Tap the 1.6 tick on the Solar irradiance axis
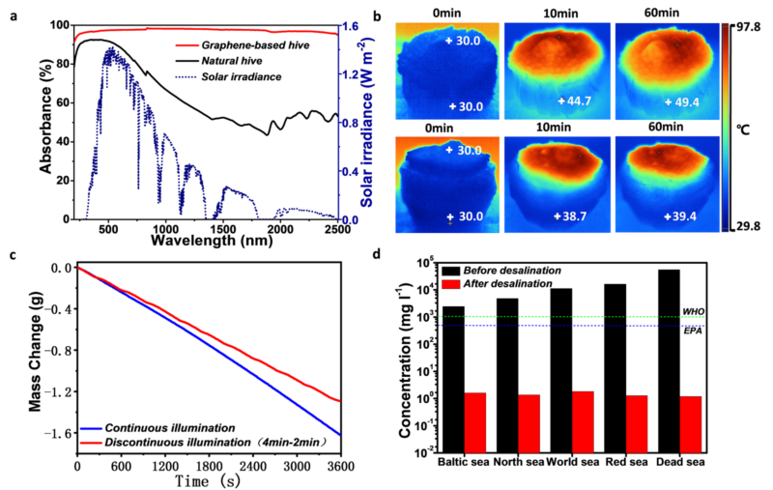(354, 26)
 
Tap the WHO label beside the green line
(693, 311)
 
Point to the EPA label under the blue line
(694, 332)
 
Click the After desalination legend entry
(502, 284)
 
